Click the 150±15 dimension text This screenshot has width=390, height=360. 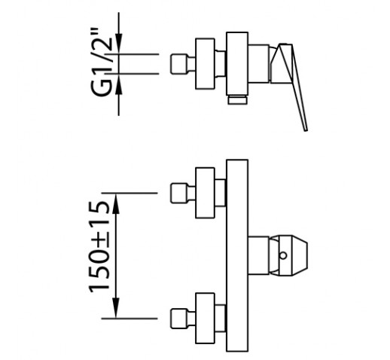pyautogui.click(x=99, y=247)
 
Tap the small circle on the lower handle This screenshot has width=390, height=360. pyautogui.click(x=283, y=255)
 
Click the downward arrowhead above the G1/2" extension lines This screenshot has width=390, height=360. pyautogui.click(x=119, y=44)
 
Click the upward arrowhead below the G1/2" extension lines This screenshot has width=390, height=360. pyautogui.click(x=119, y=84)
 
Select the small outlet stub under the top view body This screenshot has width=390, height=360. pyautogui.click(x=237, y=99)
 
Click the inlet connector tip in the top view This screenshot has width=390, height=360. pyautogui.click(x=179, y=64)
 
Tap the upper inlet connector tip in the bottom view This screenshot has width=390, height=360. pyautogui.click(x=179, y=193)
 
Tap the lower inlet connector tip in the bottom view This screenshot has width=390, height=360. pyautogui.click(x=179, y=319)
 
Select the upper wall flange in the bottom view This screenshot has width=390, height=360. pyautogui.click(x=205, y=193)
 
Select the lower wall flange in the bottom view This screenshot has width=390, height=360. pyautogui.click(x=205, y=318)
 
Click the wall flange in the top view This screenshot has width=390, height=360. pyautogui.click(x=205, y=64)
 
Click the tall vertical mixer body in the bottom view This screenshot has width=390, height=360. pyautogui.click(x=237, y=255)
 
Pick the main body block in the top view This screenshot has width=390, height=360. pyautogui.click(x=237, y=63)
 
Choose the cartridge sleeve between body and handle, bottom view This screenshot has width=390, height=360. pyautogui.click(x=258, y=255)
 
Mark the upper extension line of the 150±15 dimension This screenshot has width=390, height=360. pyautogui.click(x=129, y=193)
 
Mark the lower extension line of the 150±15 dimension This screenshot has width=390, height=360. pyautogui.click(x=129, y=319)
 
